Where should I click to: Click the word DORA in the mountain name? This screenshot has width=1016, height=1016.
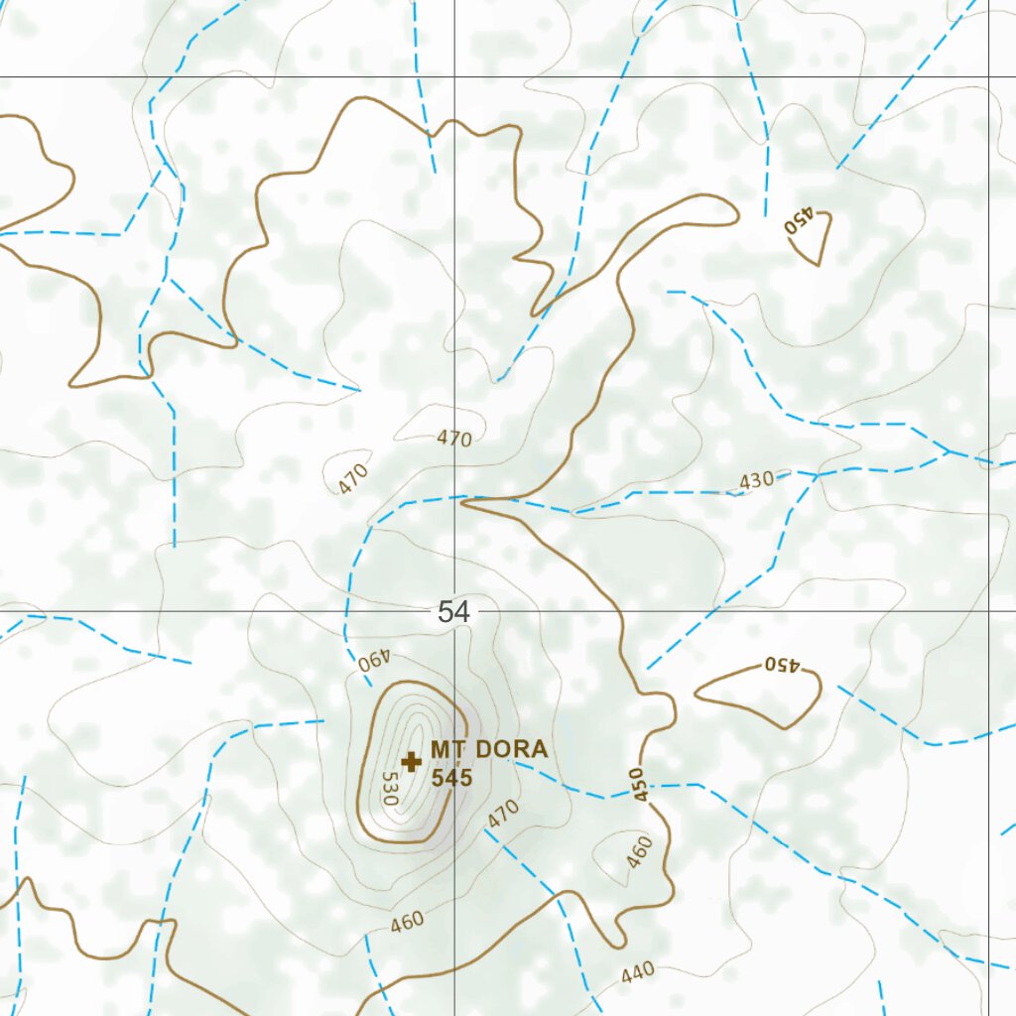(510, 749)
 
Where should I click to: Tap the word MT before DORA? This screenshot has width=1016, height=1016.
(448, 749)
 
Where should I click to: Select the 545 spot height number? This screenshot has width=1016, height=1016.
(451, 777)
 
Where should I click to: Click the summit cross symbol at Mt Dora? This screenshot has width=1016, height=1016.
(411, 761)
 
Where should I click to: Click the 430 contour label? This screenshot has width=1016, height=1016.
(756, 480)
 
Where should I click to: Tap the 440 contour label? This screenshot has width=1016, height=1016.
(638, 974)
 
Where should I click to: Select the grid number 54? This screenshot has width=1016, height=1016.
(453, 612)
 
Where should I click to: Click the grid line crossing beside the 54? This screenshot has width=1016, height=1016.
(455, 611)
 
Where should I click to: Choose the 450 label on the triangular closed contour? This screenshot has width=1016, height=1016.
(799, 220)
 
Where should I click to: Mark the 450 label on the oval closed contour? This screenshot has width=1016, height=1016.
(781, 664)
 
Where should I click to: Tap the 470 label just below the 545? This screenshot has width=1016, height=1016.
(503, 816)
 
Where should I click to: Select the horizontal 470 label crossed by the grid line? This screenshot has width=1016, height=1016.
(453, 439)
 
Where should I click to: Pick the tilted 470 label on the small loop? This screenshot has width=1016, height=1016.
(352, 479)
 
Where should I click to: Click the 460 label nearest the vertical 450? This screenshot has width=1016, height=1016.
(641, 850)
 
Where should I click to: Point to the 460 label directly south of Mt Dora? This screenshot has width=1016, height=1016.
(407, 921)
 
